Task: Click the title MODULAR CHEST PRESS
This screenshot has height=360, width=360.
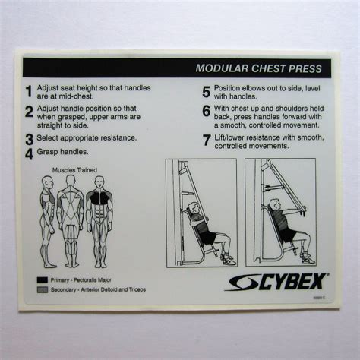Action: pos(258,68)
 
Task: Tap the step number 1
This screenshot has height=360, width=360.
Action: pos(29,92)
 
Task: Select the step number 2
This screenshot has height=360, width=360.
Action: pos(29,112)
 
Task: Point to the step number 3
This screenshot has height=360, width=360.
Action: pos(29,139)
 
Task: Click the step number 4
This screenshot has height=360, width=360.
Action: pos(29,152)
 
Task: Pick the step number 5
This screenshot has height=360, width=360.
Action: pos(206,92)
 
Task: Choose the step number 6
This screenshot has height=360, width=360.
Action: pos(206,112)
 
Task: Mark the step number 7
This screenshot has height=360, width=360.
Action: pos(206,140)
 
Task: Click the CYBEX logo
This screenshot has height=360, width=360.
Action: pos(277,282)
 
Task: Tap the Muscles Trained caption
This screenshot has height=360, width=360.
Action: pos(74,170)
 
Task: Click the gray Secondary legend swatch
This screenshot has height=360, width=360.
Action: pos(41,289)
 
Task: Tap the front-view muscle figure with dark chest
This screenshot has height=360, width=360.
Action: pos(99,220)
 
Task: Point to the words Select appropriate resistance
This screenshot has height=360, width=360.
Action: pos(87,138)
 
